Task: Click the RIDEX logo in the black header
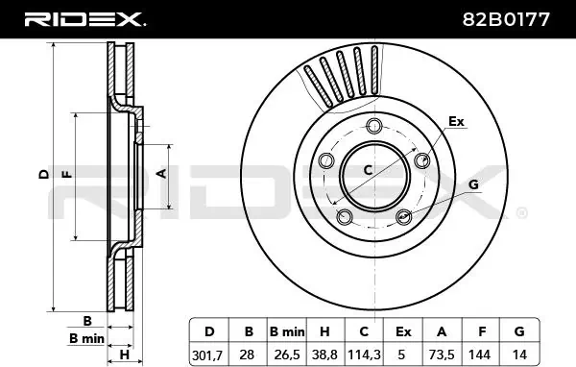pyautogui.click(x=84, y=19)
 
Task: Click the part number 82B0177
pyautogui.click(x=506, y=19)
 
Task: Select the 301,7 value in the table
pyautogui.click(x=207, y=355)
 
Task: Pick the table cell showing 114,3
pyautogui.click(x=364, y=355)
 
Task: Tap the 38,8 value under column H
pyautogui.click(x=324, y=355)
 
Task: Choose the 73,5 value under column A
pyautogui.click(x=442, y=355)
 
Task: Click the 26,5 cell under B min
pyautogui.click(x=287, y=355)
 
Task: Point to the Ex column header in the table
pyautogui.click(x=403, y=331)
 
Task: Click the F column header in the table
pyautogui.click(x=482, y=331)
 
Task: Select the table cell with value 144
pyautogui.click(x=479, y=355)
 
